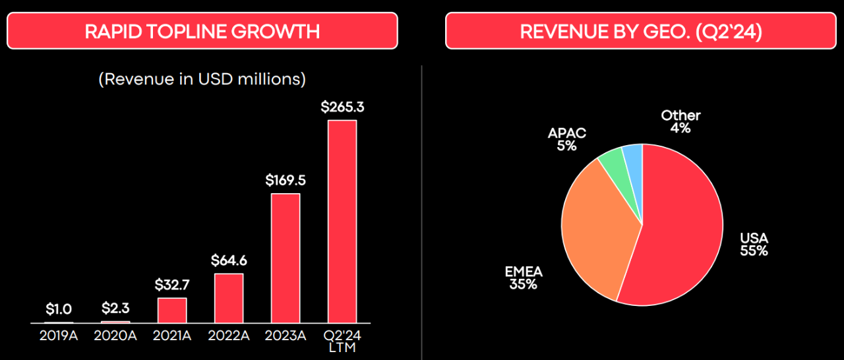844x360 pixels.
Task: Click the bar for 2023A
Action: (286, 258)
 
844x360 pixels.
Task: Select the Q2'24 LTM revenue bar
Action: (342, 222)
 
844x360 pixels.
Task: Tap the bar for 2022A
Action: (229, 298)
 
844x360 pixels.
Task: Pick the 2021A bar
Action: (172, 310)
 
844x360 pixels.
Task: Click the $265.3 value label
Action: (342, 107)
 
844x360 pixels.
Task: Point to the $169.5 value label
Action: (286, 179)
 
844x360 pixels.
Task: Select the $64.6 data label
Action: (229, 260)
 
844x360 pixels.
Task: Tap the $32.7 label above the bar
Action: (172, 285)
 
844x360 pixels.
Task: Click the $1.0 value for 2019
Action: (59, 309)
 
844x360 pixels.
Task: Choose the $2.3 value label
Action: (115, 308)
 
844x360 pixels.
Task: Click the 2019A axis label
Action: (59, 336)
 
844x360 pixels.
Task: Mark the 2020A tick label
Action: (115, 336)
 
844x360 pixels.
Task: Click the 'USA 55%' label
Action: (754, 245)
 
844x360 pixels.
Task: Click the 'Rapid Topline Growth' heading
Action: (202, 31)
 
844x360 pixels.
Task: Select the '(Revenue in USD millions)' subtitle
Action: (202, 80)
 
